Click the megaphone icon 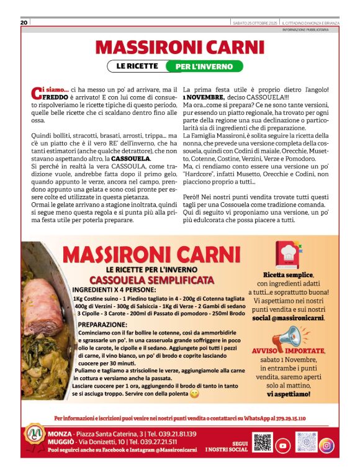(x=287, y=338)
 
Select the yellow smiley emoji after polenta (x=195, y=394)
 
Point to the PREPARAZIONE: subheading (x=102, y=324)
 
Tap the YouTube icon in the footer (x=282, y=445)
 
